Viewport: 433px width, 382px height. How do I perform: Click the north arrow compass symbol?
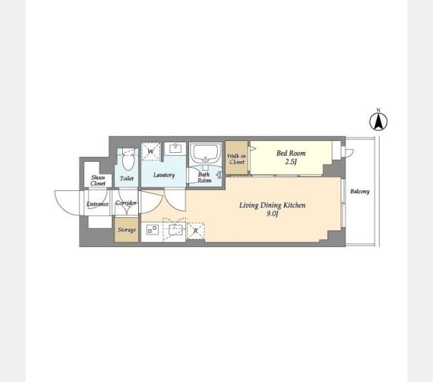click(378, 122)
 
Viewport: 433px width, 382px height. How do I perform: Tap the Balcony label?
click(360, 191)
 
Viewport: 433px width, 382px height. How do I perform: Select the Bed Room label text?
click(291, 153)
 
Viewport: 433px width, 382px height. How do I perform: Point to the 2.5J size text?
click(291, 162)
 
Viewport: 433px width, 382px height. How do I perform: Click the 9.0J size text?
click(273, 214)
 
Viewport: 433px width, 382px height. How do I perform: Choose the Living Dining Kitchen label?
click(273, 206)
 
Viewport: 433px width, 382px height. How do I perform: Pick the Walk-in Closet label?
click(237, 159)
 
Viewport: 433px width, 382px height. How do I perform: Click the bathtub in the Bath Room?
click(205, 153)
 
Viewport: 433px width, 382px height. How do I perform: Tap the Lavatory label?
click(164, 175)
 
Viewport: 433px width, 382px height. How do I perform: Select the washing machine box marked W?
click(151, 152)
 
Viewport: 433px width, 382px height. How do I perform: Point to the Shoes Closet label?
click(98, 181)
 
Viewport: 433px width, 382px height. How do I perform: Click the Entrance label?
click(97, 204)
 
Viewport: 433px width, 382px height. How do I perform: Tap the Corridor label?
click(126, 203)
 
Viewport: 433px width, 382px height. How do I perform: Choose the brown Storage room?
click(127, 230)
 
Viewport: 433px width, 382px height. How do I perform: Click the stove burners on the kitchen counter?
click(152, 230)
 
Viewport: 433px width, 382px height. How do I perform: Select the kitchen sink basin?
click(175, 230)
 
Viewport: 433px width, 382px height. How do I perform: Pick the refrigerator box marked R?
click(195, 230)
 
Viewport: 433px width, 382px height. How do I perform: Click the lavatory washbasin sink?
click(175, 148)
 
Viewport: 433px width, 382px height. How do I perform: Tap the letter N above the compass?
click(378, 110)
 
